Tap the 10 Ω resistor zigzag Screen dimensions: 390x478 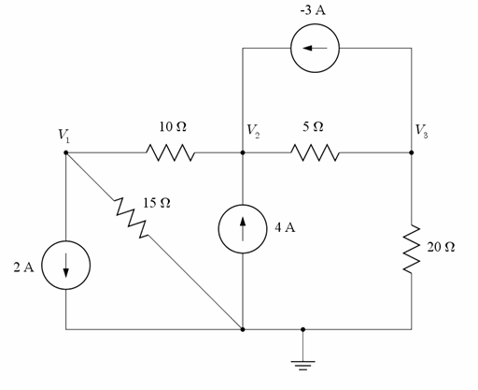pyautogui.click(x=168, y=152)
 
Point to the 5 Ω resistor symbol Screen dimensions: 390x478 pyautogui.click(x=316, y=152)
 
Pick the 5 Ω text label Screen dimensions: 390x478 pyautogui.click(x=314, y=125)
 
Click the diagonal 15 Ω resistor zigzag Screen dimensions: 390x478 pyautogui.click(x=130, y=218)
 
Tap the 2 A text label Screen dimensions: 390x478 pyautogui.click(x=24, y=268)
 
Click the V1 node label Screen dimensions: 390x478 pyautogui.click(x=63, y=134)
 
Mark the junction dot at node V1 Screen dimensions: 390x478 pyautogui.click(x=67, y=152)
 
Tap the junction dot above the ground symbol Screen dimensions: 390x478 pyautogui.click(x=303, y=329)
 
